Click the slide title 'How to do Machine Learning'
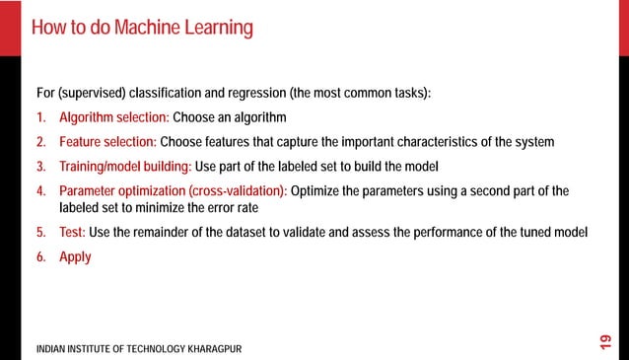[x=142, y=27]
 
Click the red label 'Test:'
[x=72, y=233]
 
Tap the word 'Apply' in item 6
[x=75, y=256]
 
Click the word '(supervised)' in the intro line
[x=94, y=94]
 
